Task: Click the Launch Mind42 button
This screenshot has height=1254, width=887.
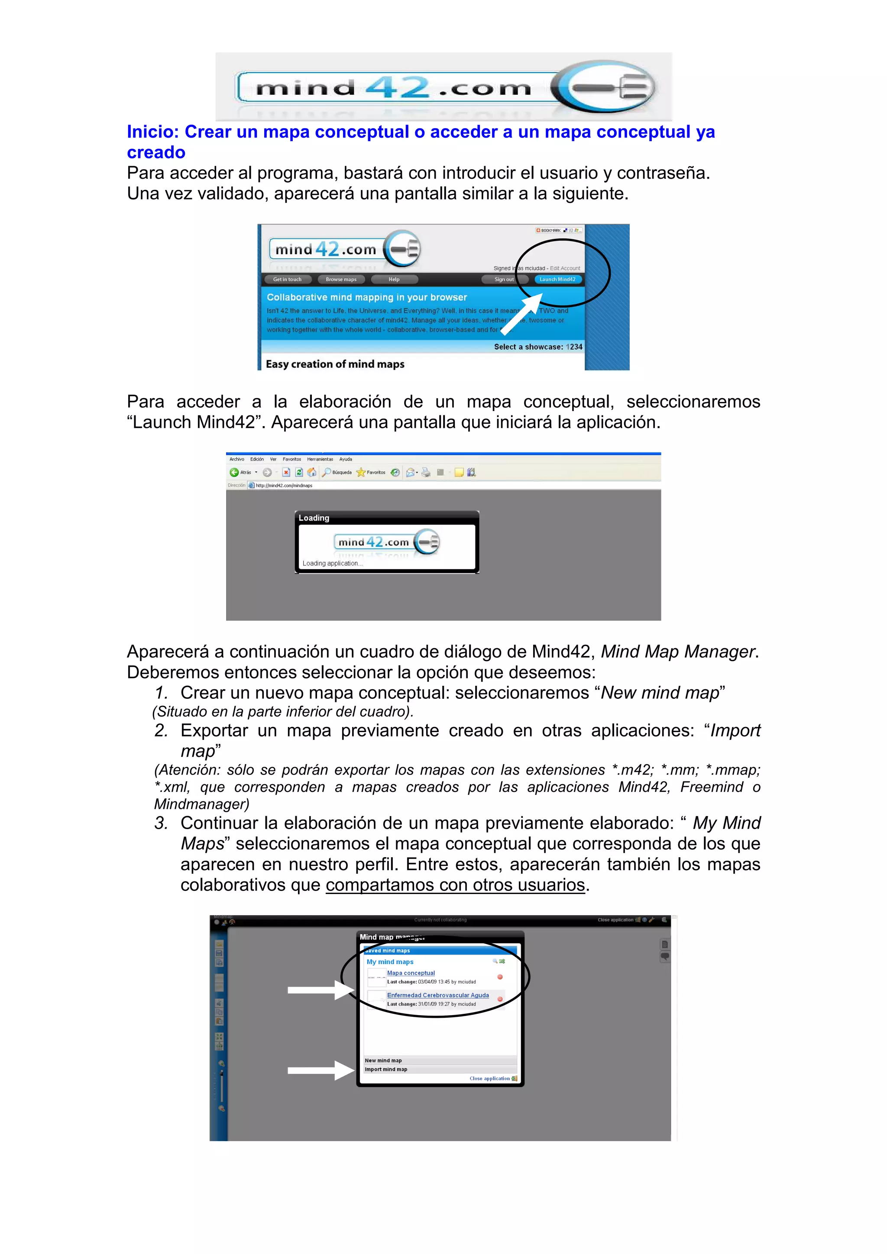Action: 557,279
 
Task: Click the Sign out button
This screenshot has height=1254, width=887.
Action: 503,279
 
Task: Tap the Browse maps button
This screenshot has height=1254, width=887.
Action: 341,279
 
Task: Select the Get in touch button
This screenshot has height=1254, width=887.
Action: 287,279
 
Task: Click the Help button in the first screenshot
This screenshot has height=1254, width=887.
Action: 394,279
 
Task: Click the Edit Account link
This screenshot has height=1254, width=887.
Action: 565,268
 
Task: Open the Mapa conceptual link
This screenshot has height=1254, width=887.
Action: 411,973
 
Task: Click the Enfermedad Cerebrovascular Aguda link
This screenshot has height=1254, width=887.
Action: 438,995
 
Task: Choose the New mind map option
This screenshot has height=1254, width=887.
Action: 384,1060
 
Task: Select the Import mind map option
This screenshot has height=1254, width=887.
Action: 386,1069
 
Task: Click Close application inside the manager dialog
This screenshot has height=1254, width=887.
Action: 490,1078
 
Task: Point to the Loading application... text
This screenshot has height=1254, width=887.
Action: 332,563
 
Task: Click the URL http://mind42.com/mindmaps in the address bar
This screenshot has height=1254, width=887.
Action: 284,485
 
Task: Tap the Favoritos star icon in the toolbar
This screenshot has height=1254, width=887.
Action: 361,473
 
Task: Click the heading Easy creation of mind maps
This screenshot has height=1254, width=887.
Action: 335,364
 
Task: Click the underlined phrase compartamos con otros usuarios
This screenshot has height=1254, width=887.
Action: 455,885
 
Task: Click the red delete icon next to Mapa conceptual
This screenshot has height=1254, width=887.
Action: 500,977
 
